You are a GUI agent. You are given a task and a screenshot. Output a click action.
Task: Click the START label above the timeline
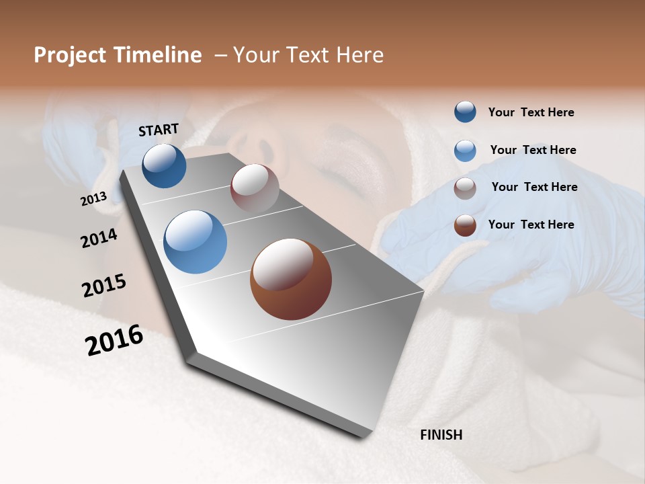(x=159, y=130)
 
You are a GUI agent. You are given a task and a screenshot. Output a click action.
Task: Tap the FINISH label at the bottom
(x=441, y=435)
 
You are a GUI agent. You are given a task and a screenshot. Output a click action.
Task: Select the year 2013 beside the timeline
(x=94, y=199)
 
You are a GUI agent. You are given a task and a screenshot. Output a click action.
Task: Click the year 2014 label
(x=99, y=239)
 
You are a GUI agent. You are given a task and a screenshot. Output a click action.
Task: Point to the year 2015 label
(x=104, y=286)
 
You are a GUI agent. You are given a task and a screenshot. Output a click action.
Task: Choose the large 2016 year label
(x=114, y=340)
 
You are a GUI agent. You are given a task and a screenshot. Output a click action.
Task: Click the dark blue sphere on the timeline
(x=164, y=166)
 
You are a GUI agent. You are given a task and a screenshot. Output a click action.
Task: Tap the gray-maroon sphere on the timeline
(x=255, y=188)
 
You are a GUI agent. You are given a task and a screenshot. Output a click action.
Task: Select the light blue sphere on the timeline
(x=195, y=242)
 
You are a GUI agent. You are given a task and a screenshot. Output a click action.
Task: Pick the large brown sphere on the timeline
(x=291, y=279)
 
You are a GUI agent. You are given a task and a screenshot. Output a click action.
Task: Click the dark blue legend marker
(x=465, y=112)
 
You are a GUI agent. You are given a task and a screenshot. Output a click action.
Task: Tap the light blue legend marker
(x=465, y=151)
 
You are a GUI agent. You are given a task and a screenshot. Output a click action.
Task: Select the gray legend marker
(x=465, y=188)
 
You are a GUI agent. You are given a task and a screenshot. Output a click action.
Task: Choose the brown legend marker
(x=465, y=225)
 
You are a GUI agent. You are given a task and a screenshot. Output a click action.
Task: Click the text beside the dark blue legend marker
(x=531, y=113)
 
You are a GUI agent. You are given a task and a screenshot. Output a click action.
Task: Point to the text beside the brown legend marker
(x=531, y=225)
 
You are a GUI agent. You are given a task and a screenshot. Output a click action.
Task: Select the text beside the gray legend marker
(x=534, y=187)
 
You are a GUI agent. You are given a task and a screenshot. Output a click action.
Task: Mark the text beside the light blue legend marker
(x=533, y=150)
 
